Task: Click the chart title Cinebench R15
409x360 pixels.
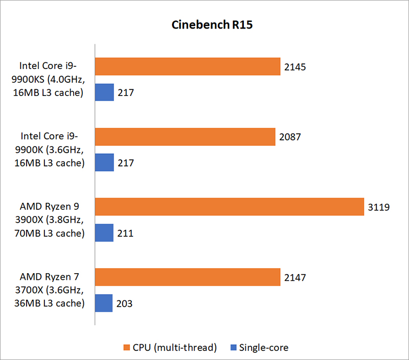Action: pyautogui.click(x=204, y=26)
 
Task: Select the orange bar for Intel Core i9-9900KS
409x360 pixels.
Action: pyautogui.click(x=188, y=66)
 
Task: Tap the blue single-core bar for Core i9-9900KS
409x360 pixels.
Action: pyautogui.click(x=104, y=92)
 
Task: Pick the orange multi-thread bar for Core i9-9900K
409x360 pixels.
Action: pyautogui.click(x=185, y=137)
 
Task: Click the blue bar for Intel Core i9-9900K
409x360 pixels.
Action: pyautogui.click(x=104, y=163)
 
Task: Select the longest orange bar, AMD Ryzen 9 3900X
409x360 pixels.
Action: pyautogui.click(x=229, y=207)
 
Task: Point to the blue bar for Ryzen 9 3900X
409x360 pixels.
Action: pyautogui.click(x=104, y=233)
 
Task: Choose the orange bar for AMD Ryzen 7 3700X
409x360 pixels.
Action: pyautogui.click(x=188, y=277)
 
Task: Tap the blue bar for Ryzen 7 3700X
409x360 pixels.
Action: pyautogui.click(x=104, y=303)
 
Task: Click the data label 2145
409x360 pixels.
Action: pyautogui.click(x=296, y=67)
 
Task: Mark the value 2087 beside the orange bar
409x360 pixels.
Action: pyautogui.click(x=290, y=137)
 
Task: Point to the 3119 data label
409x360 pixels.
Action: pyautogui.click(x=378, y=207)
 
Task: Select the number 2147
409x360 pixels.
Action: pyautogui.click(x=296, y=277)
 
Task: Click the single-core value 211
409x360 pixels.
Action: pyautogui.click(x=125, y=233)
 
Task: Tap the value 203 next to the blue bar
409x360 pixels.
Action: pyautogui.click(x=124, y=303)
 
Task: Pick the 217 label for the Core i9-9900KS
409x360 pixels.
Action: pyautogui.click(x=126, y=93)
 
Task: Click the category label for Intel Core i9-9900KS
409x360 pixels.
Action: pyautogui.click(x=51, y=79)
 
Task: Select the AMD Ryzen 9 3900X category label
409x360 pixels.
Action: pyautogui.click(x=51, y=220)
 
